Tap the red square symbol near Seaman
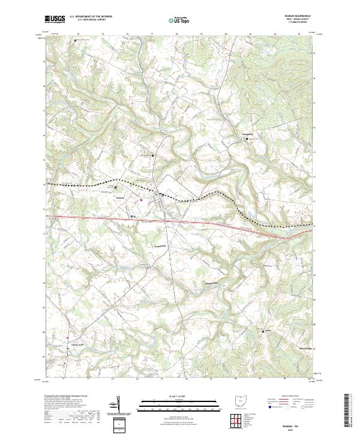(x=141, y=200)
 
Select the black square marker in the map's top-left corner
(x=75, y=40)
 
